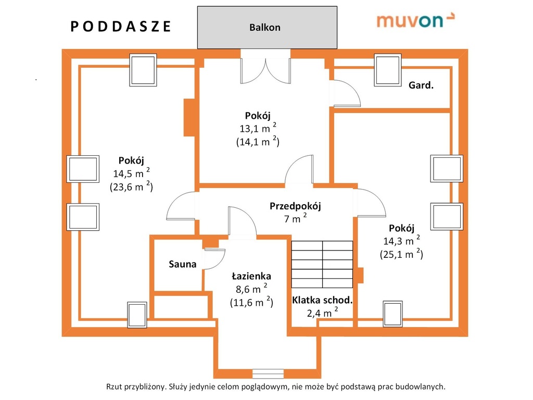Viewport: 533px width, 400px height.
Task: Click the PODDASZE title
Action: coord(120,27)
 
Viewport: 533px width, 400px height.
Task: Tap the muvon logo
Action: coord(415,20)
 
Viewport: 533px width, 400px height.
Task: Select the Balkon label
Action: coord(265,27)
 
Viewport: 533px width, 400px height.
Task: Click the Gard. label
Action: coord(421,85)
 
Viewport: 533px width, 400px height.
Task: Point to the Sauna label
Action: coord(183,264)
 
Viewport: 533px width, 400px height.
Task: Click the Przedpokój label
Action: coord(295,206)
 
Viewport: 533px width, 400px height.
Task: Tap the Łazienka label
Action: coord(251,276)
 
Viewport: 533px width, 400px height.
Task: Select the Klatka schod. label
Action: coord(322,300)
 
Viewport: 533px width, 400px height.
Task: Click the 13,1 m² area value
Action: coord(258,128)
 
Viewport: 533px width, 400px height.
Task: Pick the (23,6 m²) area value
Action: coord(131,186)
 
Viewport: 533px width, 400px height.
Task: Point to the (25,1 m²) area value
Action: coord(401,254)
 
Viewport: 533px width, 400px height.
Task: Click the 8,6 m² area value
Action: coord(251,289)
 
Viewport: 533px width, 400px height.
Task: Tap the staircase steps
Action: coord(322,264)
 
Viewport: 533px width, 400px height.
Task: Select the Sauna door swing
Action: coord(214,259)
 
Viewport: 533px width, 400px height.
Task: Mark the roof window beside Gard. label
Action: coord(387,70)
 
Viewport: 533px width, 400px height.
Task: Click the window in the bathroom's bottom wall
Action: coord(268,374)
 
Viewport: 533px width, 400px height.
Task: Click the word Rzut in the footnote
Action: coord(114,387)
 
